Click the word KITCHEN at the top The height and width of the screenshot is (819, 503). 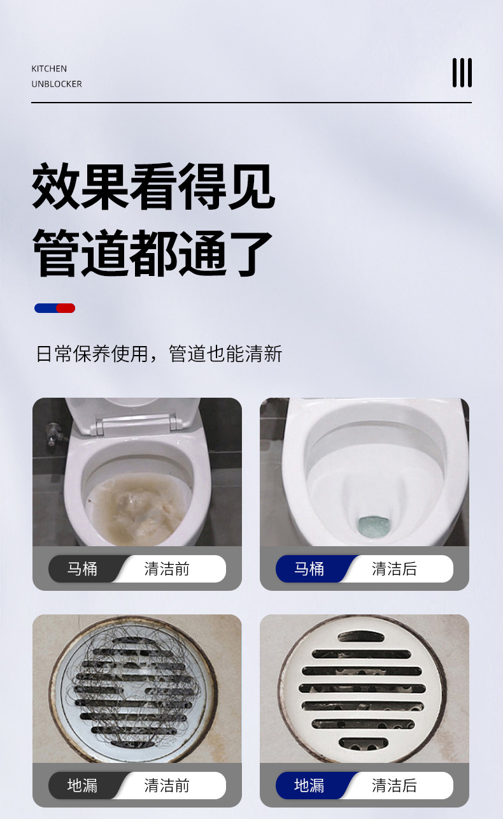49,69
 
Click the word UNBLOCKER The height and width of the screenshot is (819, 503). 57,84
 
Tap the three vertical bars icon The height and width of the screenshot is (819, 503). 462,73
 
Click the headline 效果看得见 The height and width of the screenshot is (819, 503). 153,187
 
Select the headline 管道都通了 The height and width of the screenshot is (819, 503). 153,253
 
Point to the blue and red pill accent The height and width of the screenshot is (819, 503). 55,308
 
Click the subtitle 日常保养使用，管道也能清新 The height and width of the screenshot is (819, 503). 159,354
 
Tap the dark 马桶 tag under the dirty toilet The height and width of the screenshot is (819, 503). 83,569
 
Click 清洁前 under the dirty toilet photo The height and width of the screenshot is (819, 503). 167,569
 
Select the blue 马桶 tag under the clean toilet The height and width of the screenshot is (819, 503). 309,569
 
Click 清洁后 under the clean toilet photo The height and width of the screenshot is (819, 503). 394,569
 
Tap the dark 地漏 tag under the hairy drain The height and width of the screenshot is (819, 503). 83,785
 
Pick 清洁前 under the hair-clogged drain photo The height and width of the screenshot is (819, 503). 167,785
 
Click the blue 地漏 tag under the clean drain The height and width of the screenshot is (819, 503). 309,785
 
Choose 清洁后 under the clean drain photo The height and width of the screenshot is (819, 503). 394,785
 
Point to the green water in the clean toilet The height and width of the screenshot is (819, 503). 369,526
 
